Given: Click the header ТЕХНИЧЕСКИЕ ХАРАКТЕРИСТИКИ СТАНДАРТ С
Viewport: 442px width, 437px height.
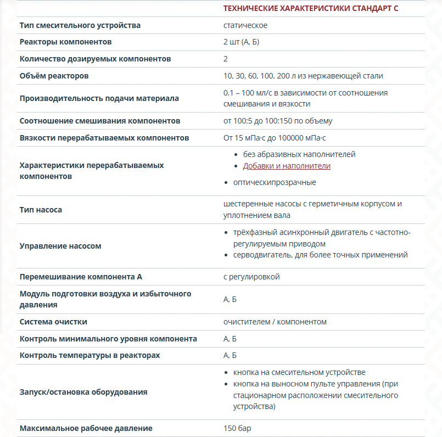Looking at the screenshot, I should tap(311, 8).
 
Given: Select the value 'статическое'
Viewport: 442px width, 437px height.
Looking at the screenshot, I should tap(245, 25).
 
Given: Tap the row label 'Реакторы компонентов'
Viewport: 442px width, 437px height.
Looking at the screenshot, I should tap(65, 42).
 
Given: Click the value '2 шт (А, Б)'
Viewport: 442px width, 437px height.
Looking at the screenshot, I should tap(241, 42).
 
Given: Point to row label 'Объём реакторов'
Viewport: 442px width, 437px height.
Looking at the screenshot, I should tap(54, 76).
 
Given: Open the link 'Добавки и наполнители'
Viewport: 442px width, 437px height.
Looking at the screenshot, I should tap(287, 166).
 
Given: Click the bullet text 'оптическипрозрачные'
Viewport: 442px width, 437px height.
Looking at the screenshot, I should tap(275, 182).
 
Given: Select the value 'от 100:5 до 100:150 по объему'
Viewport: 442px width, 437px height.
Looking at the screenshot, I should tap(278, 121).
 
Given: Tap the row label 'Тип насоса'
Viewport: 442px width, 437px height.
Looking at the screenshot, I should tap(41, 210).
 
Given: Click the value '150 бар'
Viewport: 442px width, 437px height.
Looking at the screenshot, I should tap(237, 428).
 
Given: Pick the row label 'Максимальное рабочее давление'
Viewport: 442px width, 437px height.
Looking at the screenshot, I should tap(86, 428).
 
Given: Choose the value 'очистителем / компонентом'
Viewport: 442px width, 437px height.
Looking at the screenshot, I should tap(275, 322).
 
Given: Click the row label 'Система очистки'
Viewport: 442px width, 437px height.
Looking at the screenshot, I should tap(53, 322).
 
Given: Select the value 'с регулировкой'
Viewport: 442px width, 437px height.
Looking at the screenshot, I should tap(251, 277).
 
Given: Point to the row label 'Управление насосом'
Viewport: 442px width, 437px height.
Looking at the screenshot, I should tap(60, 246).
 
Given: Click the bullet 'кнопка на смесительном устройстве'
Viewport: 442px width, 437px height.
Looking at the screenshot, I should tap(299, 372).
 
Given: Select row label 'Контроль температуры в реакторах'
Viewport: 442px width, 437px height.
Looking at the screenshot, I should tap(89, 355).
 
